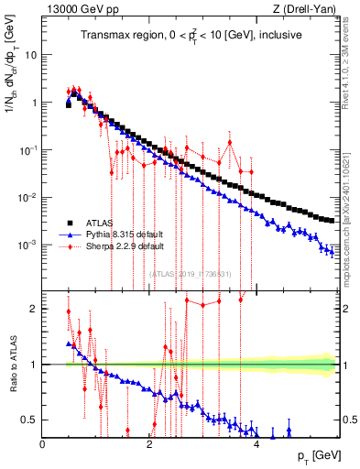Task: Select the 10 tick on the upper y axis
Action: (30, 55)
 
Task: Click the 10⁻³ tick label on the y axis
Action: (27, 245)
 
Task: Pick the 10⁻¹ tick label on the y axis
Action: (27, 150)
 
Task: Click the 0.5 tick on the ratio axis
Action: (29, 420)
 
